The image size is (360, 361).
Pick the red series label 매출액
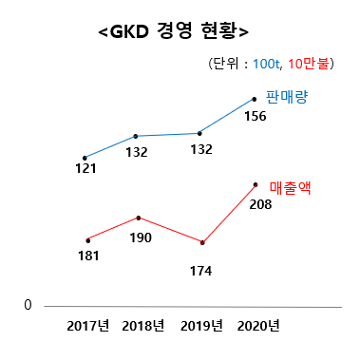291,188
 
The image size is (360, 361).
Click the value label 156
255,117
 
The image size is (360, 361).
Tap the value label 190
141,237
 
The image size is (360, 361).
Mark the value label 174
199,271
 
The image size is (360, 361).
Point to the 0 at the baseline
28,305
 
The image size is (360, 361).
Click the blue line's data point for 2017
85,158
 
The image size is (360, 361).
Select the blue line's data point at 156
255,98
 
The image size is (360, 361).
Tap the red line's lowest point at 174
202,243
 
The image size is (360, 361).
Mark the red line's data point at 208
255,183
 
